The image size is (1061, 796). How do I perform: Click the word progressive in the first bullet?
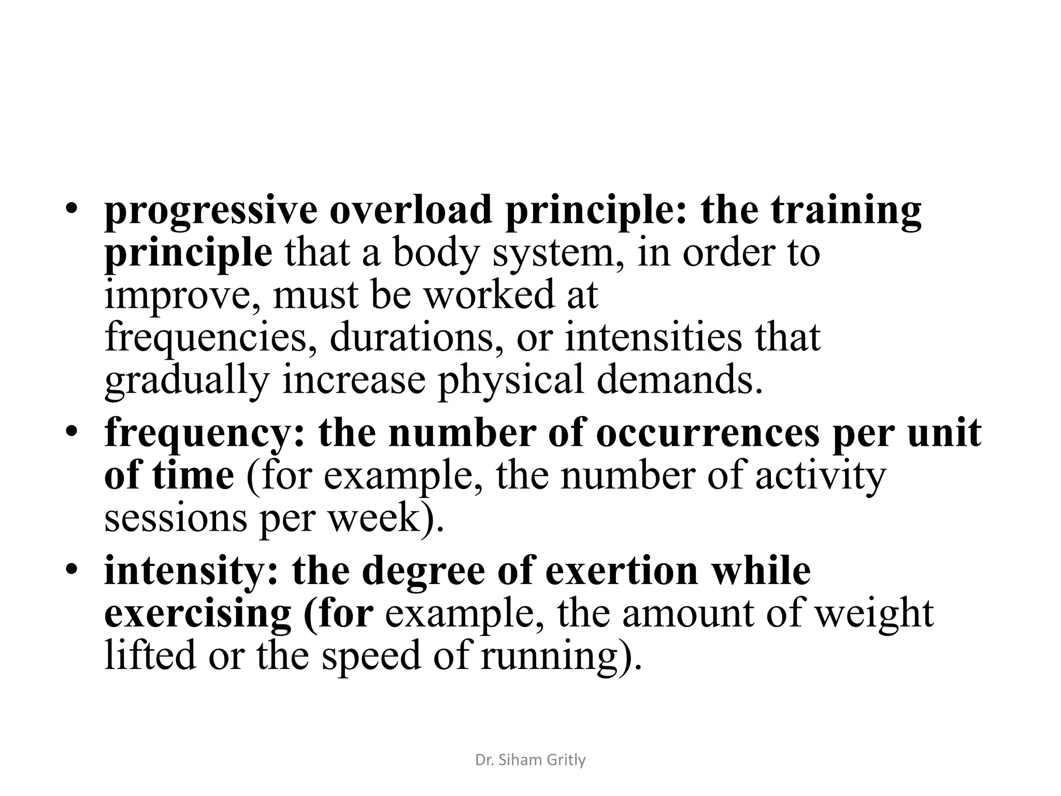tap(210, 211)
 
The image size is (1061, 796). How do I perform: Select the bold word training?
tap(845, 211)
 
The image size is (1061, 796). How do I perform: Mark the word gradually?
tap(187, 381)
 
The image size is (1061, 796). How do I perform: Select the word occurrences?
tap(708, 433)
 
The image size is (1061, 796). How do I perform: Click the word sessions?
tap(176, 518)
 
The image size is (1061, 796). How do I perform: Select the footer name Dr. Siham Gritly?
tap(530, 760)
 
